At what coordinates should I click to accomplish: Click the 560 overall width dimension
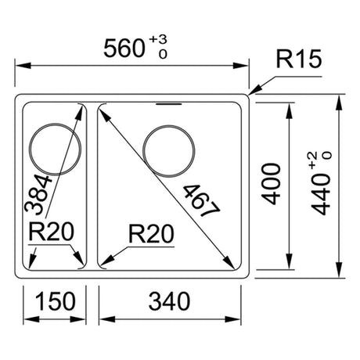tap(124, 49)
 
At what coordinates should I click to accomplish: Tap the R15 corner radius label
tap(299, 59)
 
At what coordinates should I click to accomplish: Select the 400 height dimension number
tap(272, 184)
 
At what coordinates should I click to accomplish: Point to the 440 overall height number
tap(321, 194)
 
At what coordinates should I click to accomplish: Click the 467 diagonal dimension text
tap(202, 200)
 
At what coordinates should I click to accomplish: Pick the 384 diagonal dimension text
tap(38, 194)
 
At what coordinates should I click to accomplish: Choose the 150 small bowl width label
tap(56, 301)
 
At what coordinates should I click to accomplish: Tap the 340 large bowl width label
tap(169, 301)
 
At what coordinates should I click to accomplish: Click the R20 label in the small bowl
tap(52, 232)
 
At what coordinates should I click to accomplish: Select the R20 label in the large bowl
tap(151, 234)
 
